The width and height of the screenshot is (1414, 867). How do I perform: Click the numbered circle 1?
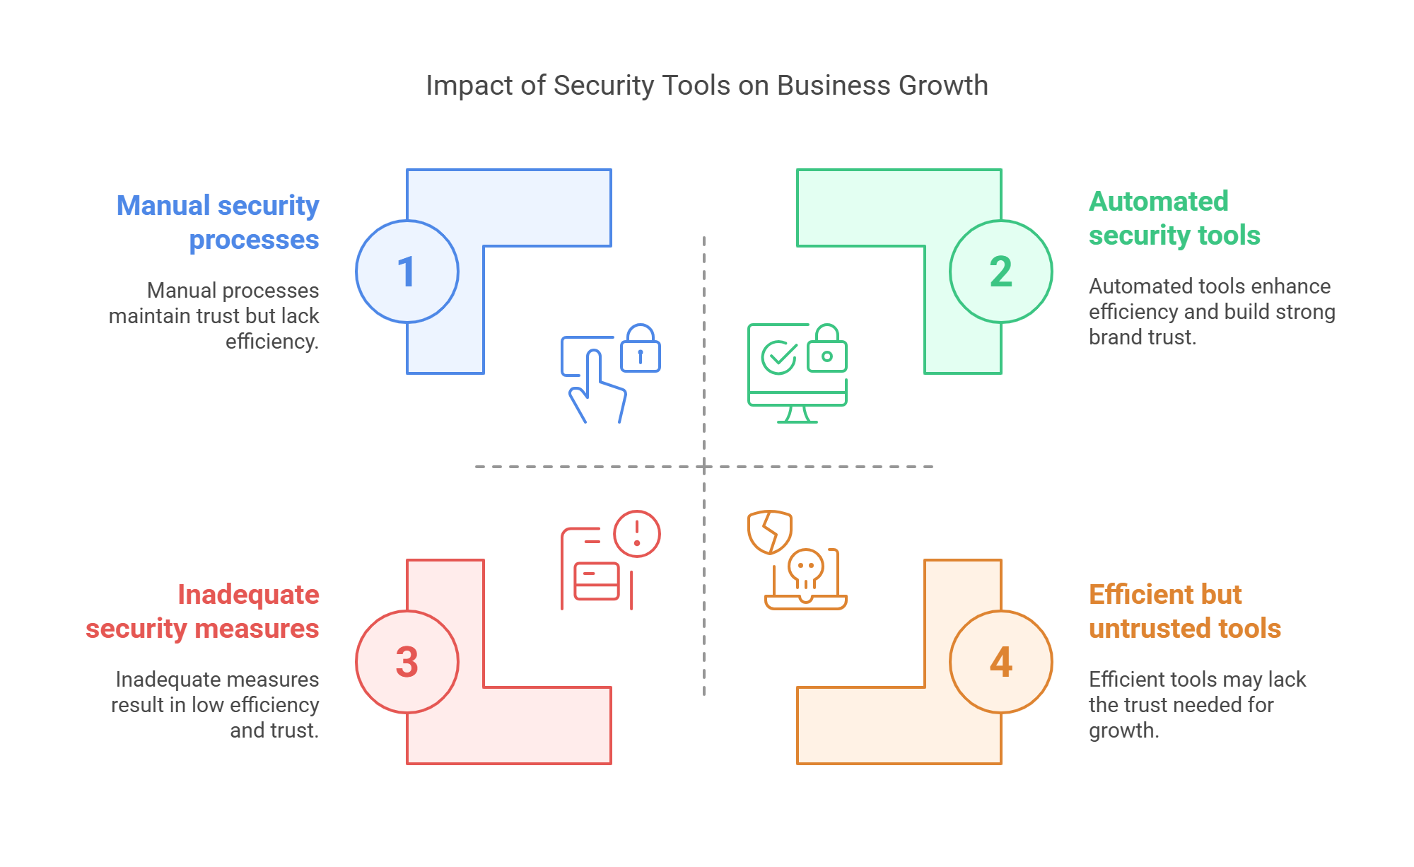(407, 272)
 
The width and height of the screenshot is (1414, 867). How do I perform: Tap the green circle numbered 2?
(1000, 272)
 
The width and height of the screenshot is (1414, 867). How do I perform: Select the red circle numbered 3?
(407, 662)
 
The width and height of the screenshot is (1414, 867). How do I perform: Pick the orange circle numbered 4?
(1000, 662)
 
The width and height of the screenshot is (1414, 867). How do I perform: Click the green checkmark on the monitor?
(778, 357)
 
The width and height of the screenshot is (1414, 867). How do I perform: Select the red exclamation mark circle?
(637, 534)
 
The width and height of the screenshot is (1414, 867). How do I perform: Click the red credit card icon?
(597, 581)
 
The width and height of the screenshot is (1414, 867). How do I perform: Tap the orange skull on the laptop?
(806, 570)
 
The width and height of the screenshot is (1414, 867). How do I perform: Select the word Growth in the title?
(943, 86)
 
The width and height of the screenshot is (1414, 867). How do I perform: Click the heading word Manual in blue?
(163, 206)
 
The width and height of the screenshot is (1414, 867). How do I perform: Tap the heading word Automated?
(1158, 202)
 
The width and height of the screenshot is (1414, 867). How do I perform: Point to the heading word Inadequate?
(248, 595)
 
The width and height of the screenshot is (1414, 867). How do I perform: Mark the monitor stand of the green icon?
(797, 415)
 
